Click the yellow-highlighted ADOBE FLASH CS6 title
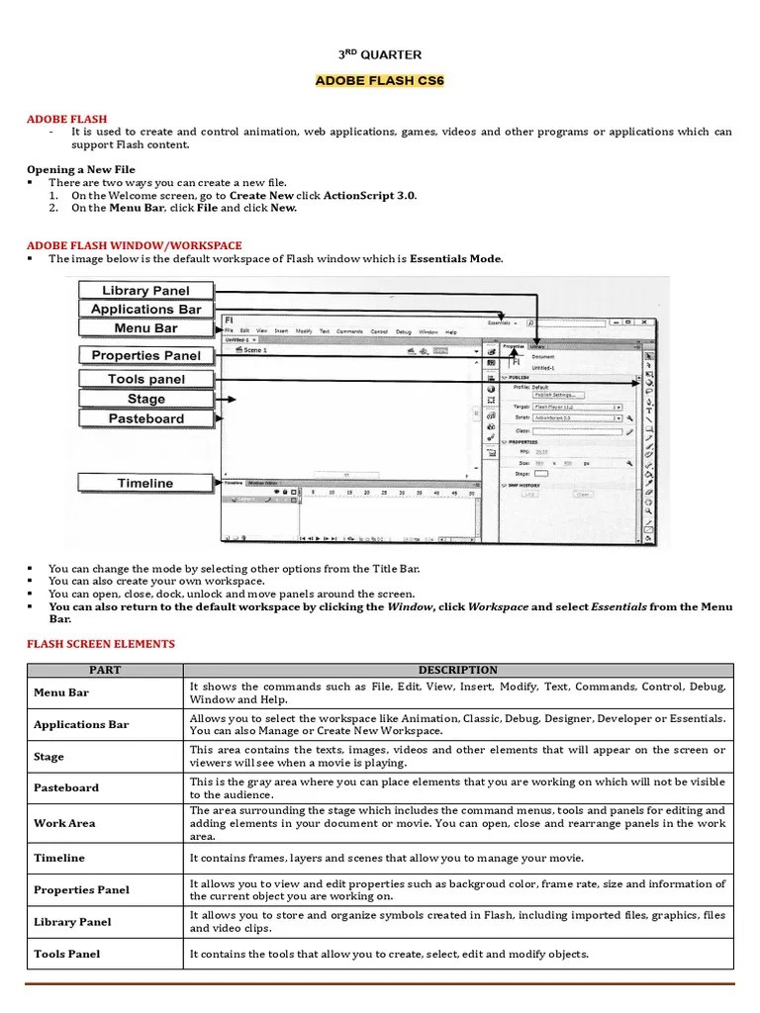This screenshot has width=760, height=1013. [380, 80]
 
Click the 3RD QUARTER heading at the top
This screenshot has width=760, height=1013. [380, 54]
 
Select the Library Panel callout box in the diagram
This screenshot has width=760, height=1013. [145, 290]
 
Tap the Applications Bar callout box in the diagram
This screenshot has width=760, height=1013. [145, 309]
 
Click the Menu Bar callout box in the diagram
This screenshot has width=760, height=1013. [145, 327]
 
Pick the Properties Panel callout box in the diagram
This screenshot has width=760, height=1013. [145, 355]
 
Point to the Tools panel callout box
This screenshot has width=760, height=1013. [145, 379]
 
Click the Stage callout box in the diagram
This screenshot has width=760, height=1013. [145, 399]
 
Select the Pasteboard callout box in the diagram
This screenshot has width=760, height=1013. [145, 418]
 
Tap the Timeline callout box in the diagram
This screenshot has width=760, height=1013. [145, 483]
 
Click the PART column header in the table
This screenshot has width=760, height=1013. [105, 670]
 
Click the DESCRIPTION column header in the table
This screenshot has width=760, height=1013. [457, 670]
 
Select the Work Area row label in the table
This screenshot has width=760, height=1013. [64, 823]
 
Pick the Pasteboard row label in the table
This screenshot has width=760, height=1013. [66, 787]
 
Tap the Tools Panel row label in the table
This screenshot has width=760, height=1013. [66, 954]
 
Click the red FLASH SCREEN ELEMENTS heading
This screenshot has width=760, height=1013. [100, 644]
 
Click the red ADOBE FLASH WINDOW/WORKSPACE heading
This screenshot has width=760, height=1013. [134, 245]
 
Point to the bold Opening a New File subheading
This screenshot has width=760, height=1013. [81, 169]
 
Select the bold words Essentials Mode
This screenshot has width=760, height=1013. [455, 259]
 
